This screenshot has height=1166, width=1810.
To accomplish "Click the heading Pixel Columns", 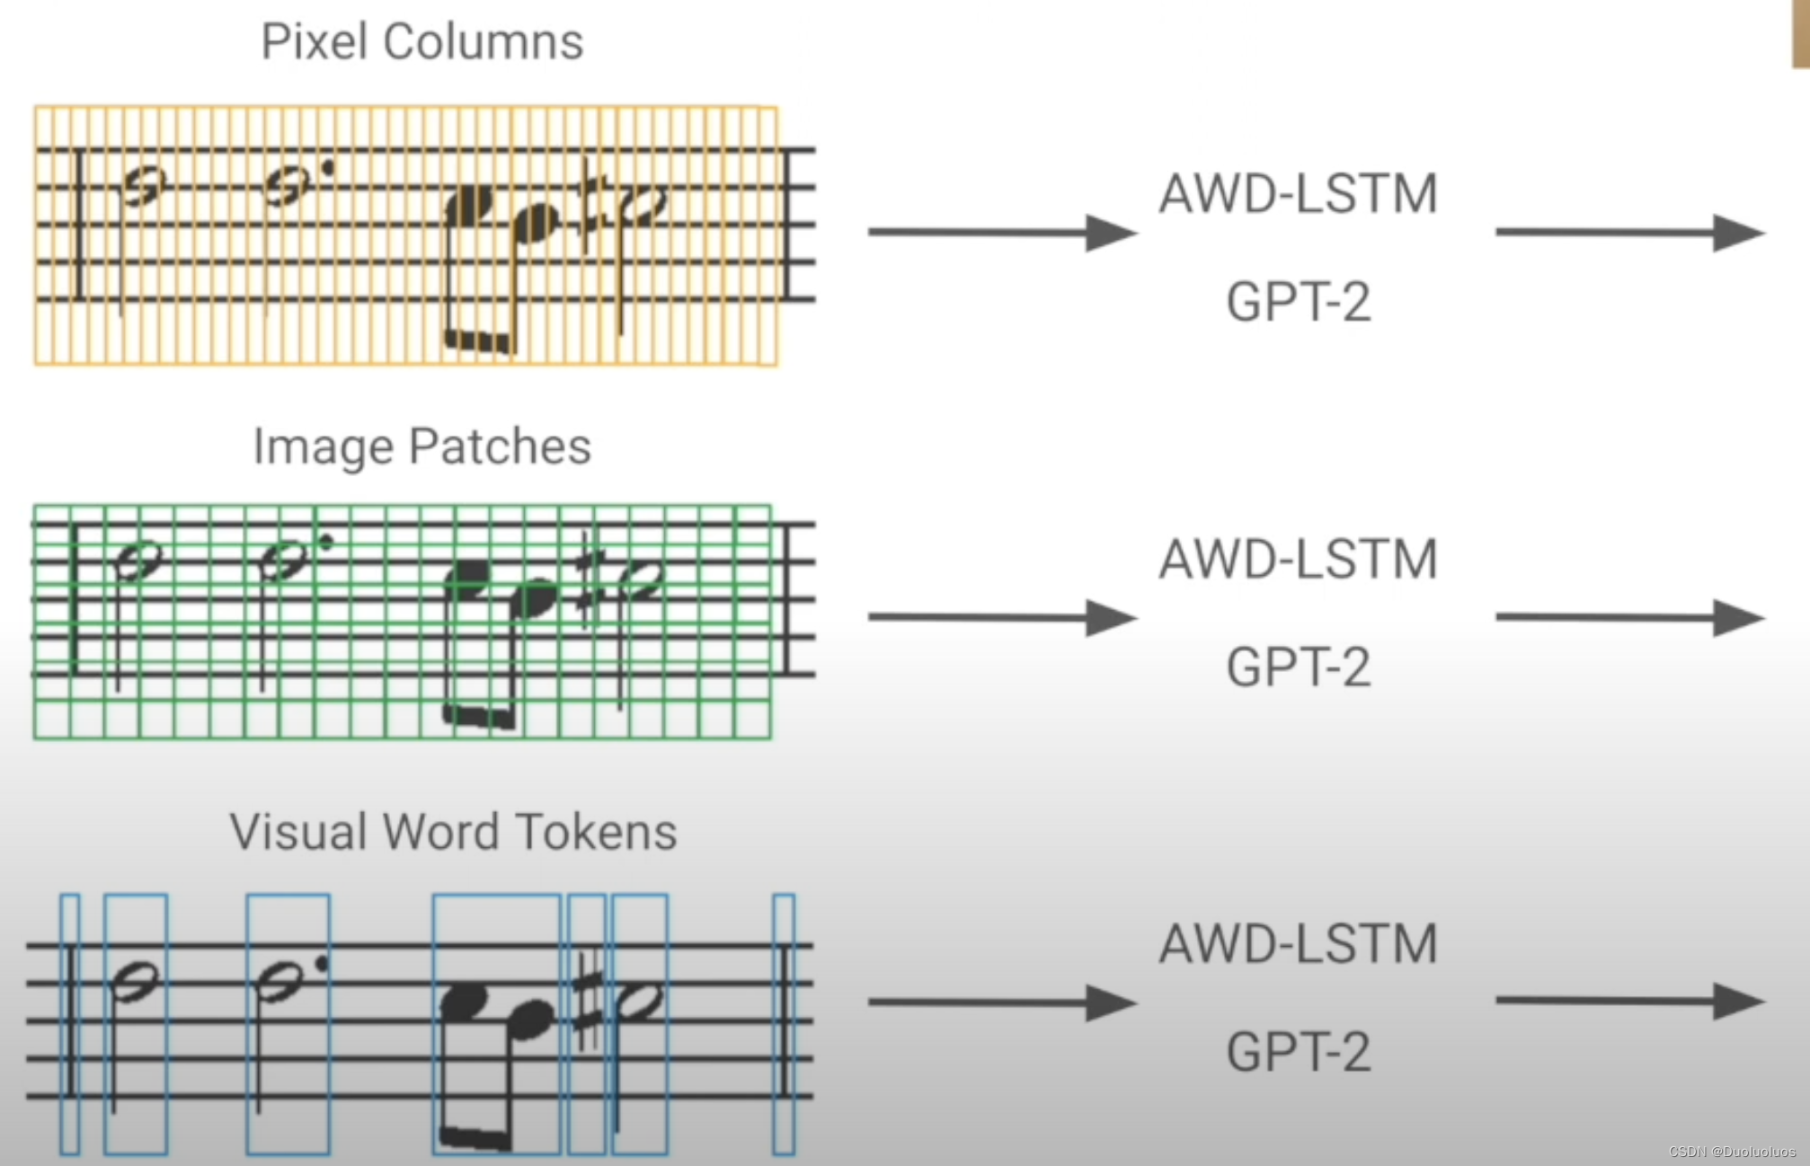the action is click(x=421, y=41).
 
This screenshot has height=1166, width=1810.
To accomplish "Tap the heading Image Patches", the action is click(x=421, y=446).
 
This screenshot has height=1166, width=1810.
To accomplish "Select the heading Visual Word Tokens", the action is click(x=453, y=832).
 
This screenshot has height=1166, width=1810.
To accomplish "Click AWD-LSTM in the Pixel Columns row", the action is click(x=1298, y=194).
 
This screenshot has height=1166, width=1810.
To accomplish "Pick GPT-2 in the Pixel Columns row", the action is click(x=1298, y=302).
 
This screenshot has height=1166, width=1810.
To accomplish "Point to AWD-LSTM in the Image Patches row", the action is click(x=1298, y=559).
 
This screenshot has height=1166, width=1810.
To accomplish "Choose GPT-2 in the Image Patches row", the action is click(x=1298, y=667).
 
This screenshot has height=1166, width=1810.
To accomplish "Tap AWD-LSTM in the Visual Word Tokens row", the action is click(x=1298, y=944).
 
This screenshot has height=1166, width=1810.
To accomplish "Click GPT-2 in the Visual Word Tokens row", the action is click(x=1298, y=1052).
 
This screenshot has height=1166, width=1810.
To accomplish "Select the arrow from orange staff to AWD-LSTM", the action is click(x=1001, y=233).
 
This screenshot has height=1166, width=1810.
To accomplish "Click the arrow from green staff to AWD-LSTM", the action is click(x=1001, y=618).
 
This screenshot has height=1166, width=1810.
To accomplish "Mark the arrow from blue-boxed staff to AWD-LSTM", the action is click(x=1001, y=1003).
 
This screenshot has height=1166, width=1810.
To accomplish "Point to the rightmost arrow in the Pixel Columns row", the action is click(x=1628, y=233).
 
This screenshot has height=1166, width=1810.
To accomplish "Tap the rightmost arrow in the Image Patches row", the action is click(x=1628, y=618).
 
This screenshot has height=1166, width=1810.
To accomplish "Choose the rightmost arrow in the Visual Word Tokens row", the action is click(x=1628, y=1002).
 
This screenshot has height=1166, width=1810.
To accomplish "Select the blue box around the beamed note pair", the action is click(x=496, y=1024).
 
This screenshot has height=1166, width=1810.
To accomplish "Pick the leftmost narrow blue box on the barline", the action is click(x=69, y=1024).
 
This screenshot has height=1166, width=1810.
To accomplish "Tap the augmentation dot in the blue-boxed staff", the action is click(x=322, y=963).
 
